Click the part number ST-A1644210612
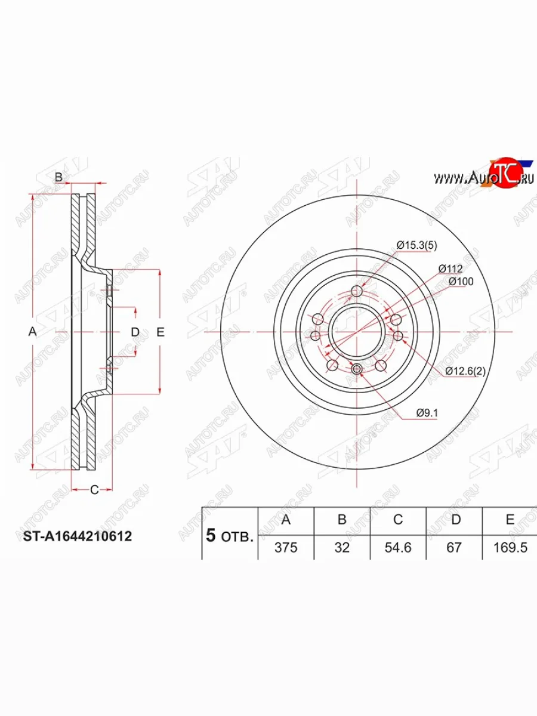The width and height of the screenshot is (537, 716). (77, 536)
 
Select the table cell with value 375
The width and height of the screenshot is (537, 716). (286, 547)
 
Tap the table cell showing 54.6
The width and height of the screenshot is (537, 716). (398, 547)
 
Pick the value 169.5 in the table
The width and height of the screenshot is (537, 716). (510, 547)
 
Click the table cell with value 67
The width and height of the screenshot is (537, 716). (454, 547)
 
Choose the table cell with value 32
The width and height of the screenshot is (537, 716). (342, 547)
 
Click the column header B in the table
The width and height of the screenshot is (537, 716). (342, 520)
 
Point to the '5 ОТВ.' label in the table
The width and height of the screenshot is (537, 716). (230, 535)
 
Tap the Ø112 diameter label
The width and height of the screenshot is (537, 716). (450, 268)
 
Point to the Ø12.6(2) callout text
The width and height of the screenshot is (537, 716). (466, 371)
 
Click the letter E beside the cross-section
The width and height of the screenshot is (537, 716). (160, 332)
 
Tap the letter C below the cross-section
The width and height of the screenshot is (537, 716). (94, 490)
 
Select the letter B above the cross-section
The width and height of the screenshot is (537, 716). (58, 177)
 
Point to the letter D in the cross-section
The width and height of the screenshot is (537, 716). (135, 332)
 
